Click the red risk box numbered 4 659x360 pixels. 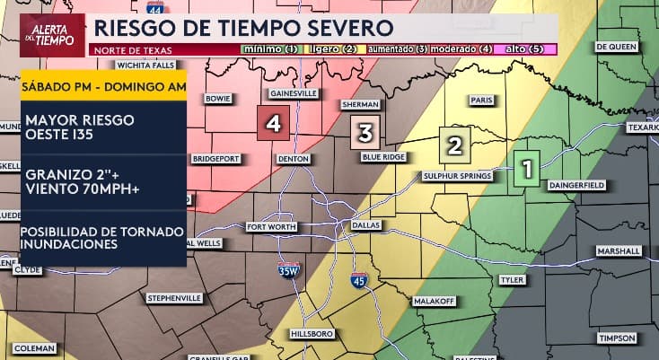(x=272, y=125)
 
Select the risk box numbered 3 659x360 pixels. (x=365, y=133)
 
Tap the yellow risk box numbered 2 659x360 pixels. (x=454, y=144)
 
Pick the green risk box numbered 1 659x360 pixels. (x=526, y=168)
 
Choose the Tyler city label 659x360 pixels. (x=511, y=279)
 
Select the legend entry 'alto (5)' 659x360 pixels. (x=530, y=48)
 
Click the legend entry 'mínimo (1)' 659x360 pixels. (x=268, y=48)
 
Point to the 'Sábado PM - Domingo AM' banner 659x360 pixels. (x=103, y=87)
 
